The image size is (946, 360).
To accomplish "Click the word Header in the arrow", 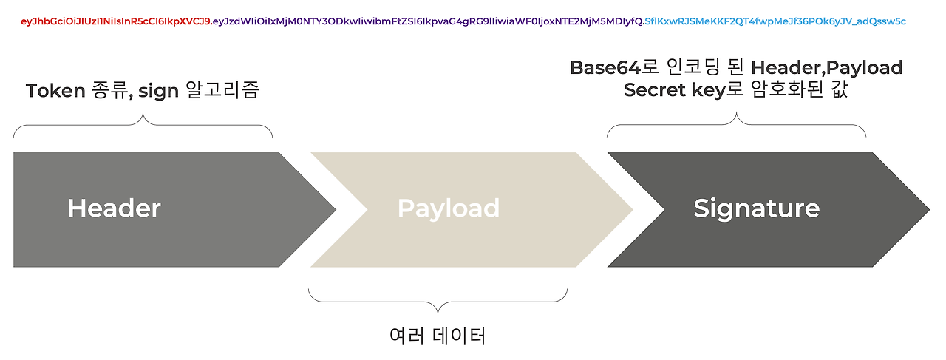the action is click(114, 208).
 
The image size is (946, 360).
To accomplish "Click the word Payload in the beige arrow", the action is click(449, 208).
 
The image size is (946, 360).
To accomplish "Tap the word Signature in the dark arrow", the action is click(756, 208).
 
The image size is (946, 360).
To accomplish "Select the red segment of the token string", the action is click(116, 21).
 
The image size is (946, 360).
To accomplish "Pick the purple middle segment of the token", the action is click(427, 21).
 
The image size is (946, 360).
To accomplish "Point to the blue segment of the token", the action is click(775, 21).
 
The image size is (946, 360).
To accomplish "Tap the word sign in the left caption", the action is click(158, 91).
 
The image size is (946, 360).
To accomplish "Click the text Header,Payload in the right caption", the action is click(826, 68).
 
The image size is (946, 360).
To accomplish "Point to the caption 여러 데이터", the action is click(438, 336).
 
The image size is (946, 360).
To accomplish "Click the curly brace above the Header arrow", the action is click(143, 126).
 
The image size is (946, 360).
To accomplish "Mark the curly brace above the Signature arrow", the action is click(737, 126).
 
